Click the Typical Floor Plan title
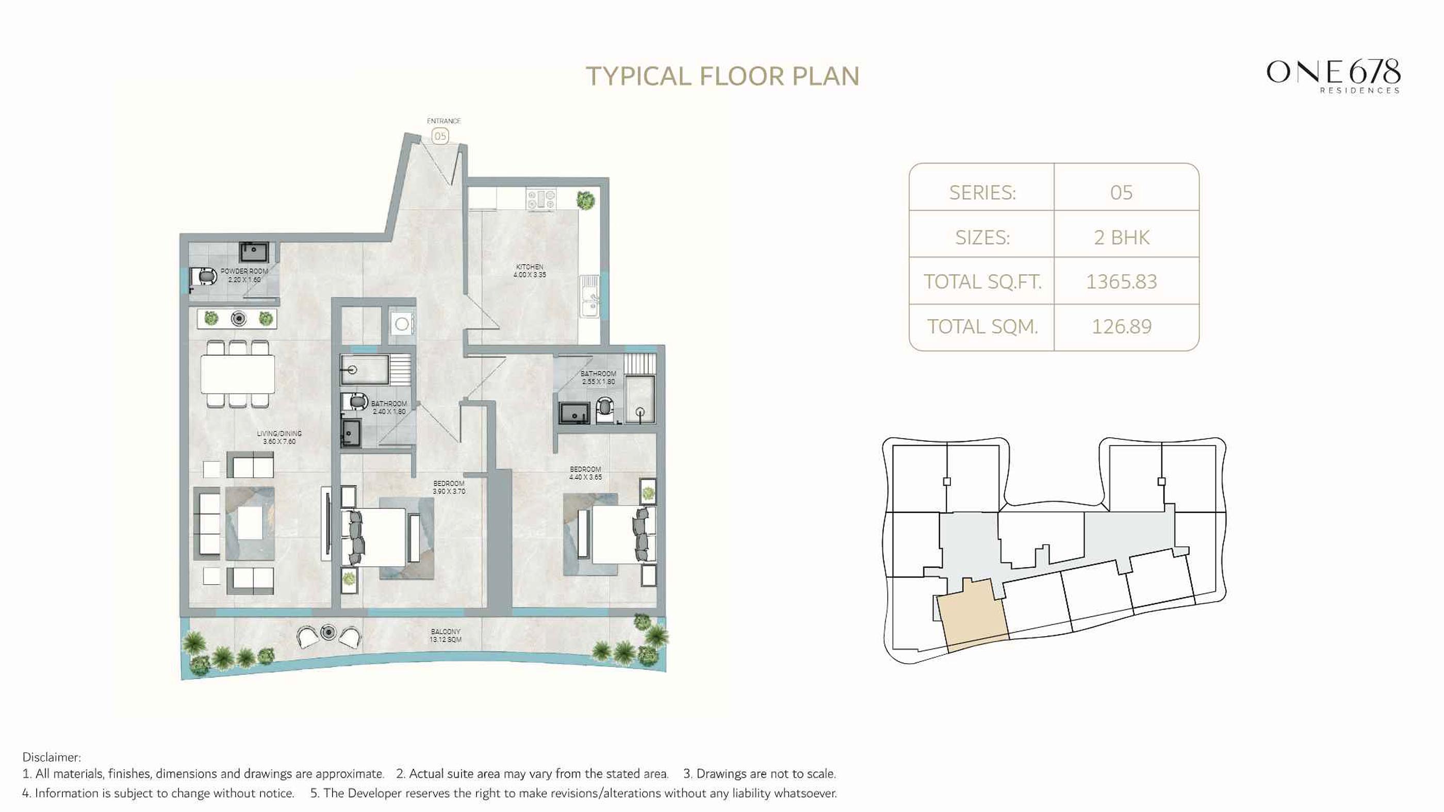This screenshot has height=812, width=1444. click(x=722, y=76)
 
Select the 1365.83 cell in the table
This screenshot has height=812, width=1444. click(x=1121, y=281)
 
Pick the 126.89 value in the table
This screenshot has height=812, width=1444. click(x=1121, y=326)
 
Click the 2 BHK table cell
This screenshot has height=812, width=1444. click(x=1121, y=237)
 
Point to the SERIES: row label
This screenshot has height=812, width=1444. click(x=982, y=192)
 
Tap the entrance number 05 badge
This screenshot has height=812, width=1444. click(x=440, y=136)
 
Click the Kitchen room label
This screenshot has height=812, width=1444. click(x=529, y=271)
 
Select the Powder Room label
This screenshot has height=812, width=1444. click(x=244, y=275)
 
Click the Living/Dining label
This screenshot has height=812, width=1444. click(x=279, y=437)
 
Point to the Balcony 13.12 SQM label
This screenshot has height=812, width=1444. click(x=445, y=636)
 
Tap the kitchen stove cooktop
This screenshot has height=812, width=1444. click(x=541, y=199)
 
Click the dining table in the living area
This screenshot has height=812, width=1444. click(x=238, y=374)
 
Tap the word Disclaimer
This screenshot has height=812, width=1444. click(x=51, y=757)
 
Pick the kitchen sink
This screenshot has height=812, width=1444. click(x=589, y=296)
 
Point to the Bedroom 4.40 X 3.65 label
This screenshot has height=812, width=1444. click(x=585, y=473)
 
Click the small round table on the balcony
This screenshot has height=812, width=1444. click(x=328, y=633)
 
